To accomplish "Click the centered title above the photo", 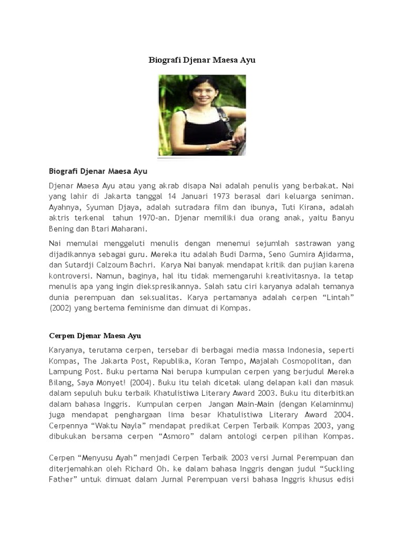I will [x=201, y=60].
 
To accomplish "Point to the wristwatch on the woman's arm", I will [x=208, y=147].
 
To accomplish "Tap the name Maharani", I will [x=125, y=228].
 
